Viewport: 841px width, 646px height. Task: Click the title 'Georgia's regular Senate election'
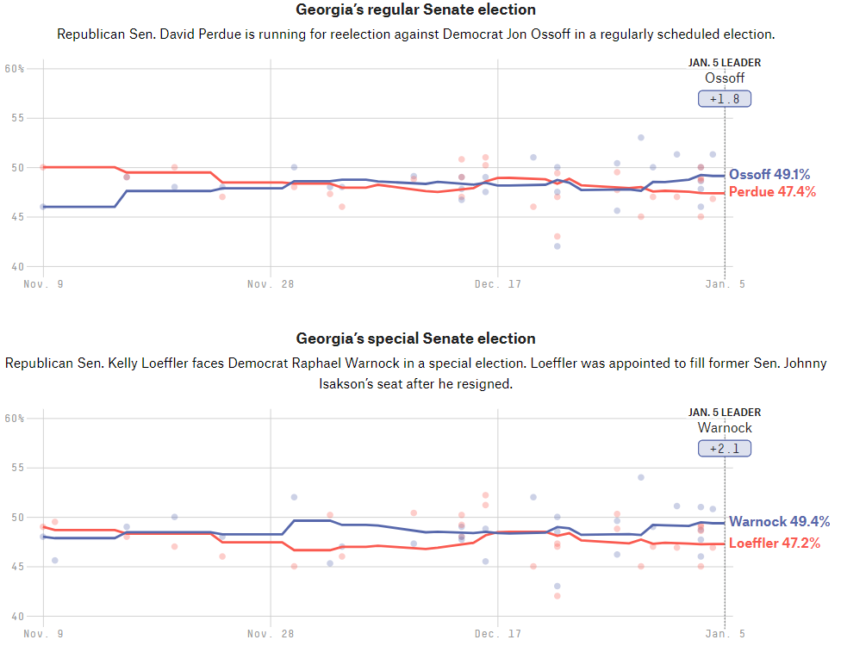click(415, 10)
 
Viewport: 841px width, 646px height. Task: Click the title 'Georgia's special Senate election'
click(415, 339)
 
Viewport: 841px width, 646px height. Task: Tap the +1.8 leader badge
click(725, 99)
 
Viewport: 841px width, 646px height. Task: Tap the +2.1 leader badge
click(725, 449)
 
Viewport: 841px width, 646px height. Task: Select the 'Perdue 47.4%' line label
click(772, 192)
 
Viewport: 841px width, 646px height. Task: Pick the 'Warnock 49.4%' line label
click(779, 522)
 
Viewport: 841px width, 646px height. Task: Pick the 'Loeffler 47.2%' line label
click(774, 544)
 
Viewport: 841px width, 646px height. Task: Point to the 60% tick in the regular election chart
click(15, 69)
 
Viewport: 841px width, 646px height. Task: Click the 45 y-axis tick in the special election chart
click(15, 567)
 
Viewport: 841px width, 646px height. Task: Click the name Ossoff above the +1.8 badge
click(725, 78)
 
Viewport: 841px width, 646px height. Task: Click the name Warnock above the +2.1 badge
click(725, 428)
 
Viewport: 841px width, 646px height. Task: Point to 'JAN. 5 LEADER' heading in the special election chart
click(725, 413)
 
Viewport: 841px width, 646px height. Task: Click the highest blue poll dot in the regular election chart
click(641, 137)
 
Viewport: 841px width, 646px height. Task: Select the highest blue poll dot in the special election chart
click(641, 477)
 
